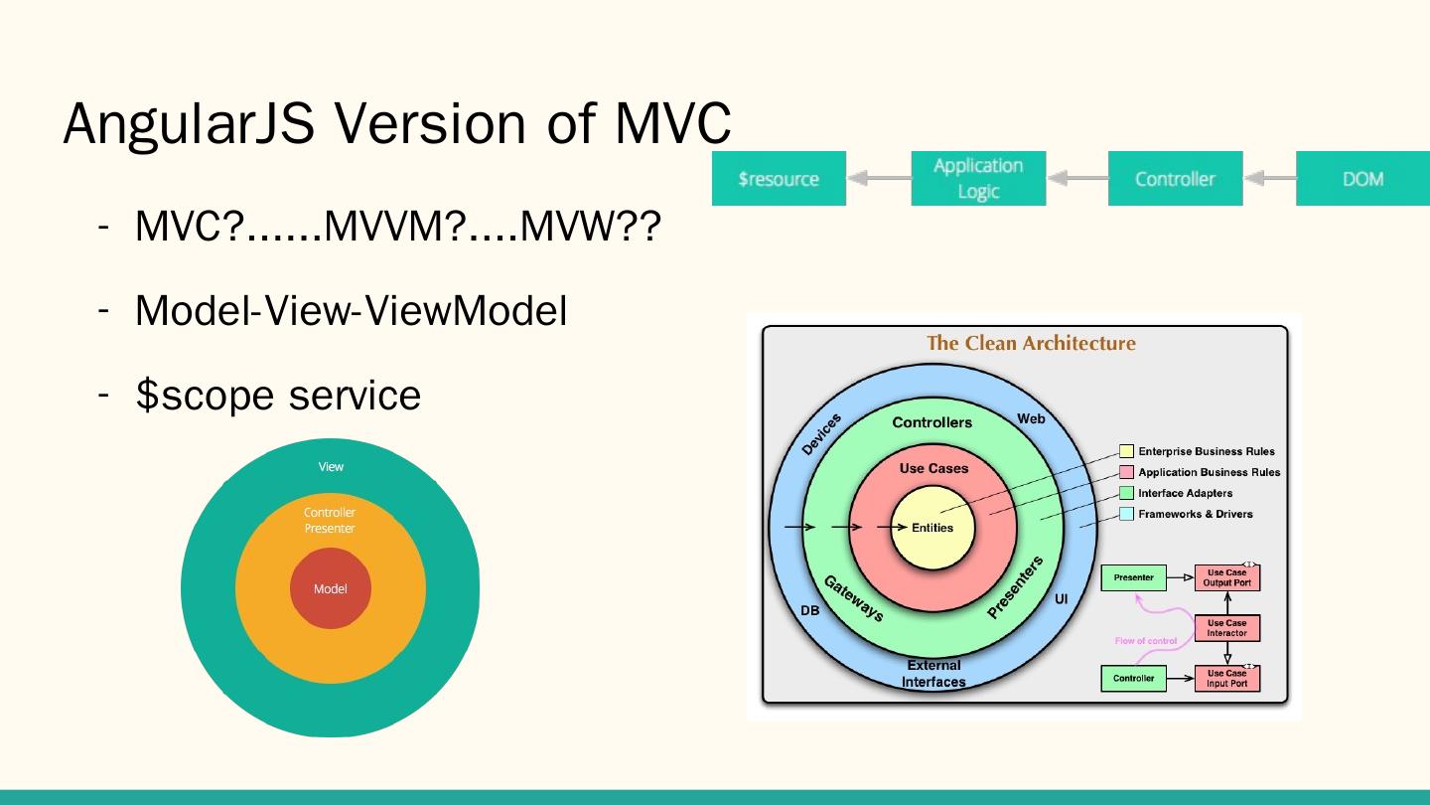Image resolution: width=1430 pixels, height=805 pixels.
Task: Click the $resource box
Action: click(779, 179)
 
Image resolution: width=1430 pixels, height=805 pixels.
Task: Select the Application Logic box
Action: click(978, 179)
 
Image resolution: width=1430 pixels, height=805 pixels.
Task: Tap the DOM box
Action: click(1362, 179)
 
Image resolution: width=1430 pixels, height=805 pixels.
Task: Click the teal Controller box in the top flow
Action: click(1175, 179)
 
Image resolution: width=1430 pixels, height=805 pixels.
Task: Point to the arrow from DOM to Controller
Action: click(1269, 179)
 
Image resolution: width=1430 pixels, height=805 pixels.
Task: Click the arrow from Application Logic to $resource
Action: click(878, 179)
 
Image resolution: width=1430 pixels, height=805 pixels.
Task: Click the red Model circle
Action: click(331, 588)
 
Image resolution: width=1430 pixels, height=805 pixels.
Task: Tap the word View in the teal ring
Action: click(331, 467)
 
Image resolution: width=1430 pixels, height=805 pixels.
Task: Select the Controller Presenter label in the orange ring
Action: click(330, 521)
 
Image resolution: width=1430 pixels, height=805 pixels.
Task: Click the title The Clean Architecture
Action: click(1031, 344)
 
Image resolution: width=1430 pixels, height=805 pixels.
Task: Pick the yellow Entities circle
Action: click(933, 529)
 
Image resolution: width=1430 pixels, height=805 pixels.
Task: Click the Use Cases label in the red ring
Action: click(933, 468)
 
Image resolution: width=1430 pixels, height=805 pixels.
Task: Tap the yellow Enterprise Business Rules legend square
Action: click(1126, 451)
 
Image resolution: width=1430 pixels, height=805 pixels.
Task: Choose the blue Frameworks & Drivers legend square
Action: click(1126, 514)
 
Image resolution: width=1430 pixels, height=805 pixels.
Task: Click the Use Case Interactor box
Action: click(1227, 628)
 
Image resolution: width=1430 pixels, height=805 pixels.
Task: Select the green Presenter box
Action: click(1134, 577)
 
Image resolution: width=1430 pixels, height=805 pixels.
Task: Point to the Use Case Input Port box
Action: click(1227, 678)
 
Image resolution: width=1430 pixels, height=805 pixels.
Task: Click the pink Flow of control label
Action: click(1146, 641)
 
